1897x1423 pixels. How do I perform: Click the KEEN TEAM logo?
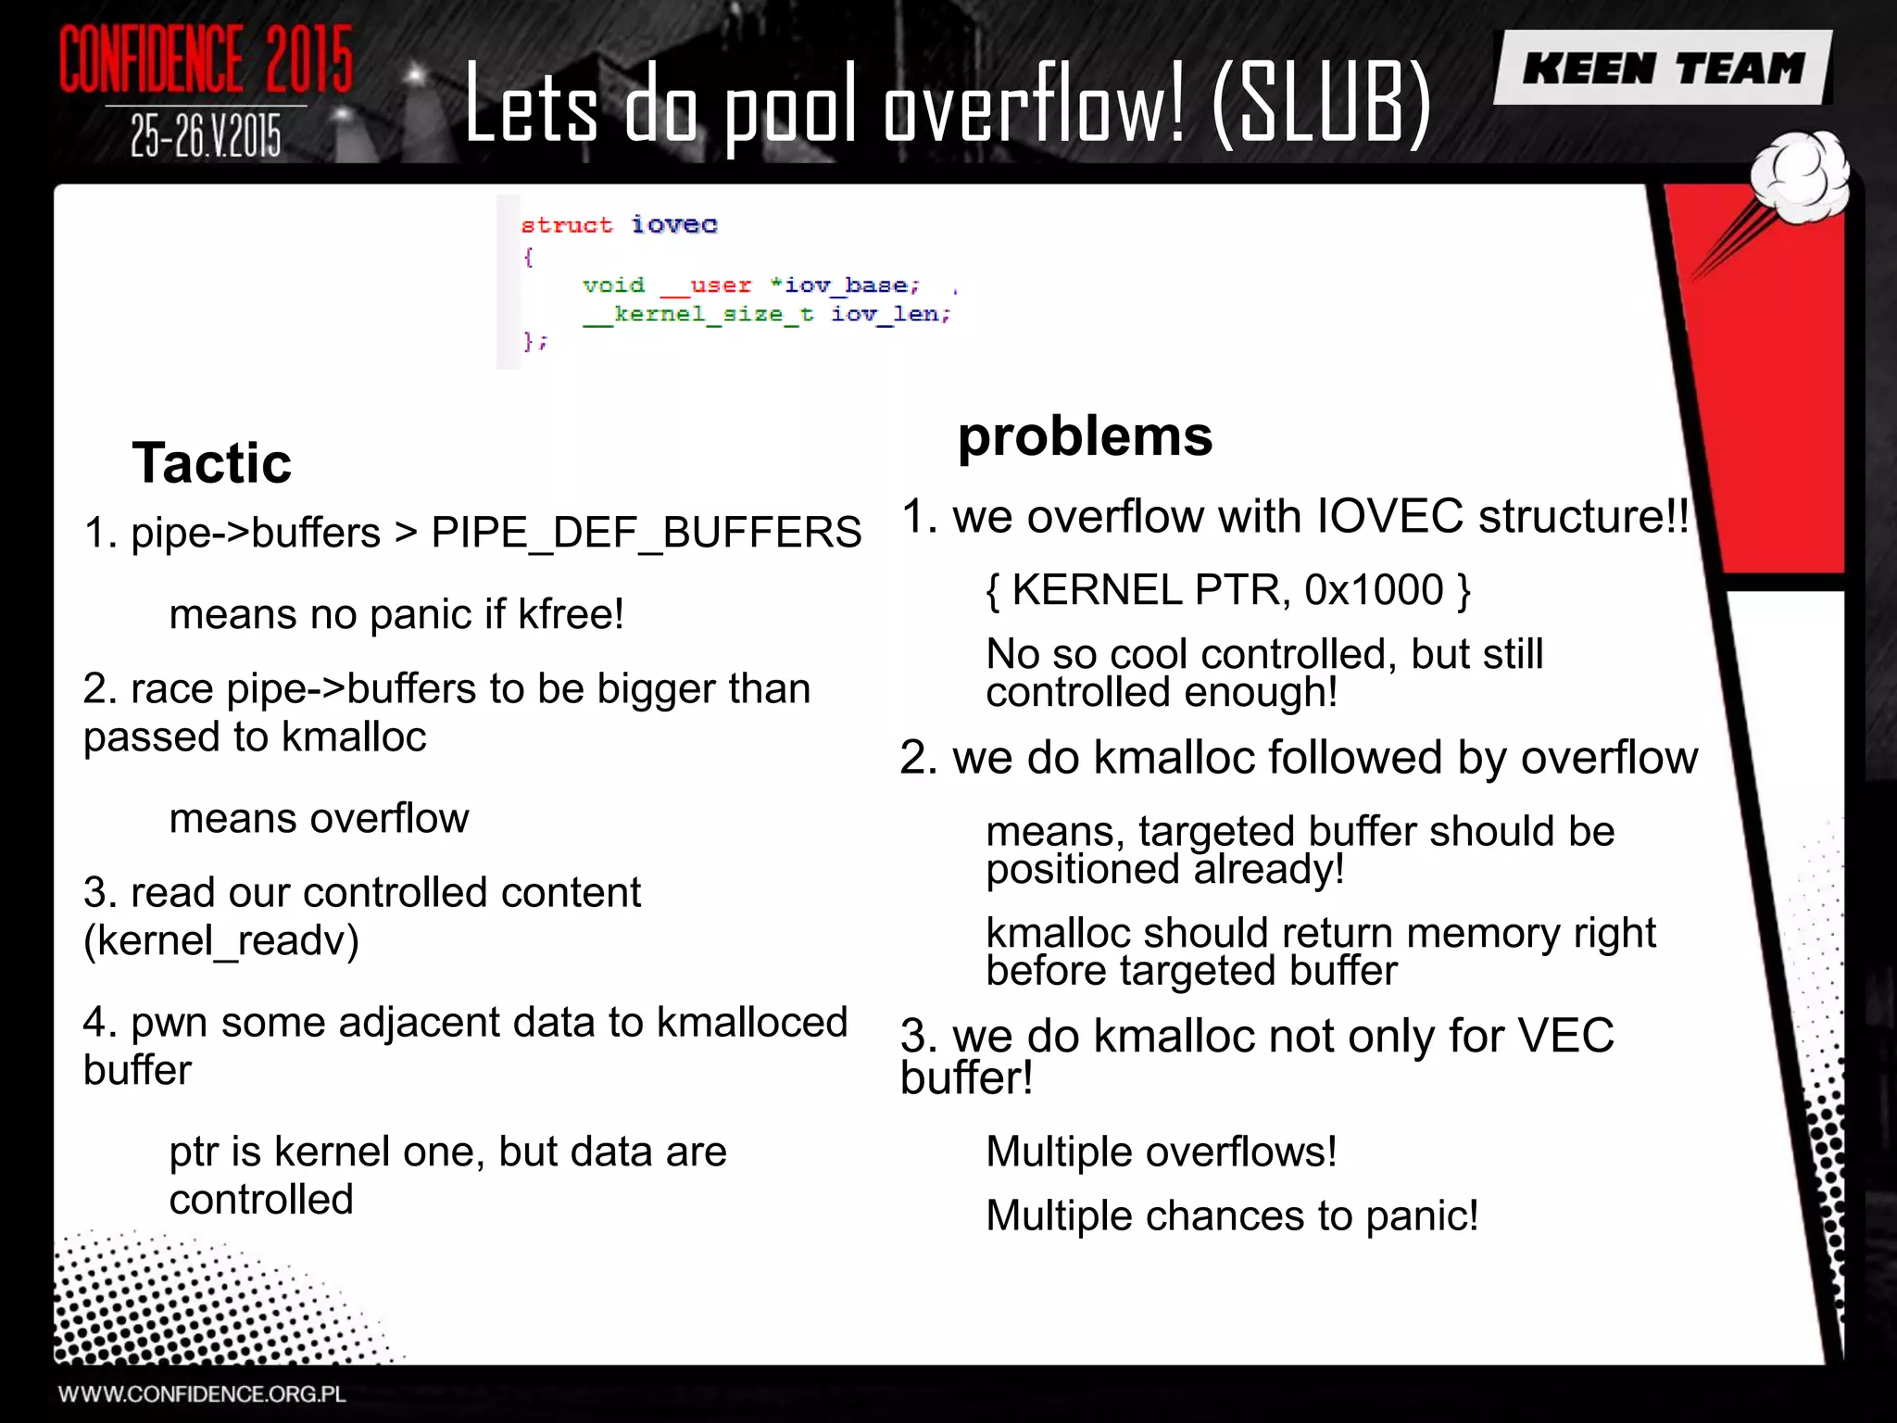click(x=1664, y=69)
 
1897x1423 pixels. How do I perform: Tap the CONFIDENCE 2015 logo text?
click(x=206, y=59)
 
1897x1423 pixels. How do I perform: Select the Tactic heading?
click(x=211, y=462)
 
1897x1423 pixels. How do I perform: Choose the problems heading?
click(x=1085, y=435)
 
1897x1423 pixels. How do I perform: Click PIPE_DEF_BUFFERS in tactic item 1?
click(x=647, y=533)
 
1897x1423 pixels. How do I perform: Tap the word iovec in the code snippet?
click(x=674, y=224)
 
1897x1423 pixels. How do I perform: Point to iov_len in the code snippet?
click(x=890, y=314)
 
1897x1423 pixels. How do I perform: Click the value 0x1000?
click(x=1375, y=590)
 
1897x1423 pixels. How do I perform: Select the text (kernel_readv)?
click(x=221, y=940)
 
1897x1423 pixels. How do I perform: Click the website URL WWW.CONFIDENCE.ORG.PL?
click(x=202, y=1394)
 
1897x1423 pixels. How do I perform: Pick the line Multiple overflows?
click(x=1162, y=1152)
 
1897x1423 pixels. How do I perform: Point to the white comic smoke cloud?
click(x=1801, y=178)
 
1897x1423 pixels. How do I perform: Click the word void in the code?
click(x=613, y=285)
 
